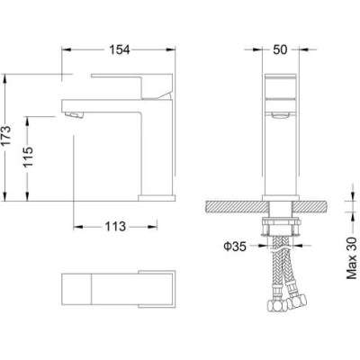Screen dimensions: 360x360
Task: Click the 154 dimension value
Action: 119,49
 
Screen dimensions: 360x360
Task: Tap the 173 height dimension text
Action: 6,136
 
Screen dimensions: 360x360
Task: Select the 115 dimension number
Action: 29,157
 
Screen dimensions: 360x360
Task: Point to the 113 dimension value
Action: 115,227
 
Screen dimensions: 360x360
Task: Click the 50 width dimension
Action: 280,49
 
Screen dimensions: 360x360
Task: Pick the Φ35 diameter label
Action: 235,247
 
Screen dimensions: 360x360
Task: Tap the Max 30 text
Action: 352,258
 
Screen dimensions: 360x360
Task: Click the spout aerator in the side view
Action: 74,114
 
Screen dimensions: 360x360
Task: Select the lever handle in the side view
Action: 132,86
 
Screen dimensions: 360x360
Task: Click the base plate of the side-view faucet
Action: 157,198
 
